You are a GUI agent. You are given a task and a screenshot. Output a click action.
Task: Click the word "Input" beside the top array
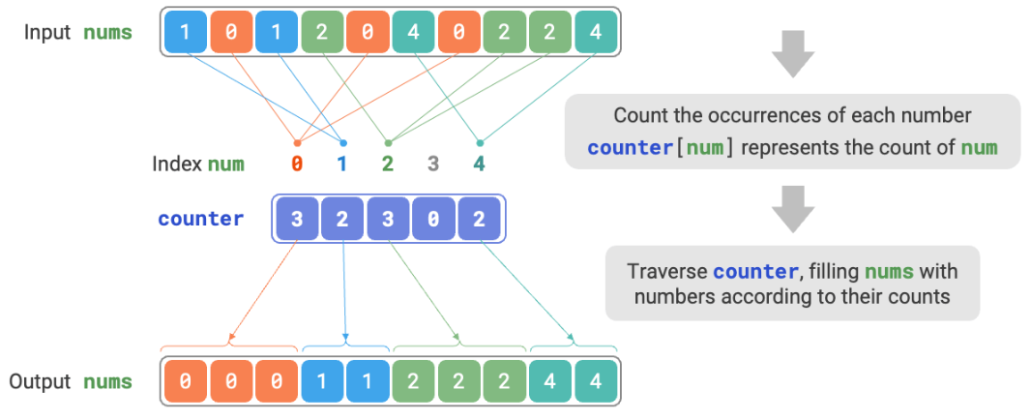(47, 33)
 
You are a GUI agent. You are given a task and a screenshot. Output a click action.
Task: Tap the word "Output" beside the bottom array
(40, 381)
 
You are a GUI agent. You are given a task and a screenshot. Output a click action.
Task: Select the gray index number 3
(432, 164)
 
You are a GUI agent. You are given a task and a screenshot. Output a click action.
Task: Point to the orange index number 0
(296, 164)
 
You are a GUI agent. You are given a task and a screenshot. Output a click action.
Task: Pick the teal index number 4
(479, 164)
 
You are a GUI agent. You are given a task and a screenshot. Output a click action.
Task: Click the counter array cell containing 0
(433, 219)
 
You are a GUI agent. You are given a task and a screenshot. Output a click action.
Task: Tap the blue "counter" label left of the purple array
(201, 219)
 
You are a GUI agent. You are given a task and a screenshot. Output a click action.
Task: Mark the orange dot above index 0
(296, 141)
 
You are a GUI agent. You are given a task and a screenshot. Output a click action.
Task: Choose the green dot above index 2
(387, 141)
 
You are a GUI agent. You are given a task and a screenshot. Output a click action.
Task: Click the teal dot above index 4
(480, 141)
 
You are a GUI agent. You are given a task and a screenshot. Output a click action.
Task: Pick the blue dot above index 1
(342, 141)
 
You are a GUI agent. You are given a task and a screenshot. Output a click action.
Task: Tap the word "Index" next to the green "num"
(176, 164)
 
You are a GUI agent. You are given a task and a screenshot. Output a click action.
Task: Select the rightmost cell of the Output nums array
(594, 381)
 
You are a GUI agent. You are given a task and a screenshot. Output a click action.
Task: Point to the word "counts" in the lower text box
(919, 295)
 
